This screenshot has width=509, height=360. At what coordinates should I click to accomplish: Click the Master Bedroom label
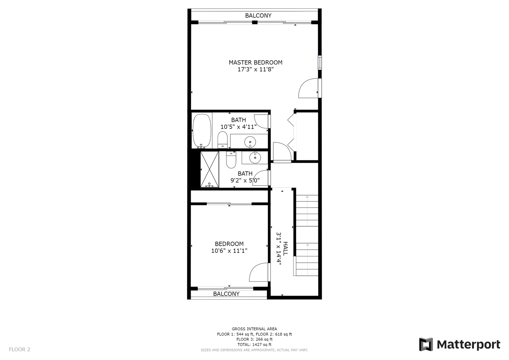[x=255, y=63]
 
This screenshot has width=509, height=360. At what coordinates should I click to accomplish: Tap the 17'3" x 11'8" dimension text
[x=255, y=69]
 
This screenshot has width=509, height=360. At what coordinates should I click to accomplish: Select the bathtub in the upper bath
[x=202, y=131]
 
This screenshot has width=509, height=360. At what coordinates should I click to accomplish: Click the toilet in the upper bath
[x=223, y=140]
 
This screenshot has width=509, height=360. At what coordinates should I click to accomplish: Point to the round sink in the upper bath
[x=250, y=142]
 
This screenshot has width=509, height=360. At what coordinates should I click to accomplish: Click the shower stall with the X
[x=209, y=170]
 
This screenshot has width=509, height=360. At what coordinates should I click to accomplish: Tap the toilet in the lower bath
[x=231, y=160]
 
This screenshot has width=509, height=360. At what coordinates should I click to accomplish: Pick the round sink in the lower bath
[x=255, y=157]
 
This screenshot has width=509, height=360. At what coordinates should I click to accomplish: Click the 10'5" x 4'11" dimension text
[x=239, y=127]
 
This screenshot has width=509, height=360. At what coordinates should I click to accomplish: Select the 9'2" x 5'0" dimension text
[x=245, y=180]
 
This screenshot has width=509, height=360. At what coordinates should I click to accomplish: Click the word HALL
[x=285, y=248]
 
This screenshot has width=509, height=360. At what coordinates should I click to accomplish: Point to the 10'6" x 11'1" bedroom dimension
[x=229, y=251]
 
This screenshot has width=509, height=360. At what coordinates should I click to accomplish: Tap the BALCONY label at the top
[x=258, y=15]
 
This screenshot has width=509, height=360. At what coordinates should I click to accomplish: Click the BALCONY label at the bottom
[x=226, y=294]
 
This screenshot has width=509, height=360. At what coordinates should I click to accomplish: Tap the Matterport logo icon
[x=426, y=344]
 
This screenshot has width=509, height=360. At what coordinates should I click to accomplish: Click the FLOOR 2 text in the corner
[x=20, y=350]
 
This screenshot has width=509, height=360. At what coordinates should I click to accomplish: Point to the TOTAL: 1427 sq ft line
[x=254, y=345]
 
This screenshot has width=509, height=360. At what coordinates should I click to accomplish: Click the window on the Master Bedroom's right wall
[x=320, y=62]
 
